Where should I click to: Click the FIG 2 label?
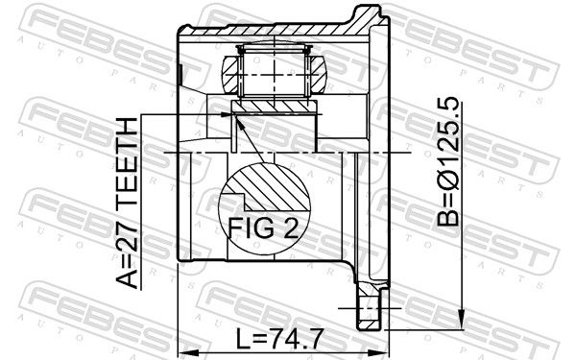263,228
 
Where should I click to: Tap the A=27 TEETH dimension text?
127,203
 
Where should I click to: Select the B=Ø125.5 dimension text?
448,161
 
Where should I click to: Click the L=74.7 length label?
279,339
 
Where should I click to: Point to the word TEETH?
127,155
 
